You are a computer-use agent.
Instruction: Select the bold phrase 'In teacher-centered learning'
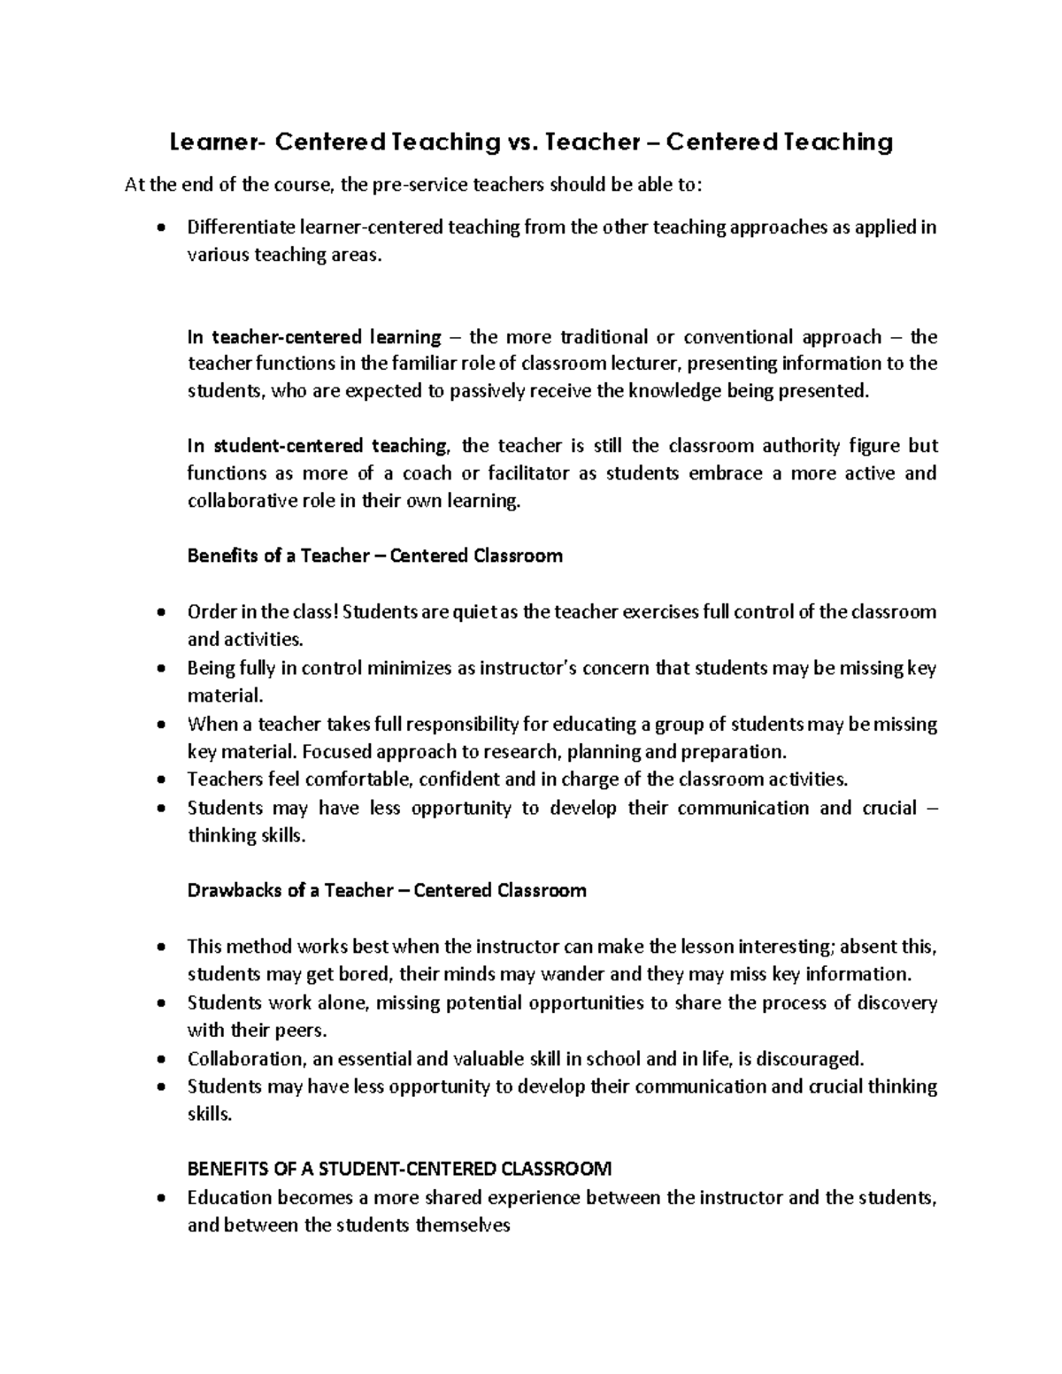[314, 337]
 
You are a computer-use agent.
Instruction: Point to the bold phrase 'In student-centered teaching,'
[319, 446]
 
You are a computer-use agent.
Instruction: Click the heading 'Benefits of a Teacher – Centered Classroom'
[374, 557]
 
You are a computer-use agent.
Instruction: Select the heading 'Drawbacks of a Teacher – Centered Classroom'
[387, 891]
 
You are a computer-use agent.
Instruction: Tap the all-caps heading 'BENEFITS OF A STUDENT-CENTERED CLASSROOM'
[399, 1170]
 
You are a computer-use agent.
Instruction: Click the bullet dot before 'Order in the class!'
[159, 613]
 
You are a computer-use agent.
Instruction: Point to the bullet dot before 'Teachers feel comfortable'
[159, 780]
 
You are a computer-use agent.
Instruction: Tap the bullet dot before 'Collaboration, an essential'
[159, 1060]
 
